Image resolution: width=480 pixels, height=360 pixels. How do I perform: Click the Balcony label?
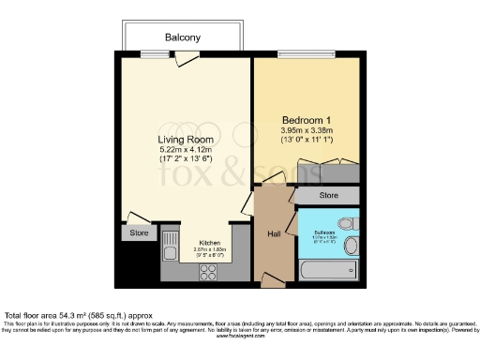coord(181,37)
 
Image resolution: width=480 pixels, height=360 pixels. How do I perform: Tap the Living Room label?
coord(181,139)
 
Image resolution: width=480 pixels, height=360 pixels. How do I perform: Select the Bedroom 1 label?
coord(308,120)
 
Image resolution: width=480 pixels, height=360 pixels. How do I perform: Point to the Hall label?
coord(275,233)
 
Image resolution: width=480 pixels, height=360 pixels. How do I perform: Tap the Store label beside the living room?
coord(139,232)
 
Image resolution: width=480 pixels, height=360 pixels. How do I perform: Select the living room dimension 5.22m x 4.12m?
coord(181,149)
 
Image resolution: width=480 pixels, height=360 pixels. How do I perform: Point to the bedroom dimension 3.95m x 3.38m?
coord(308,130)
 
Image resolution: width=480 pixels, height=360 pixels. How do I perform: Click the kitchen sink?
coord(171,250)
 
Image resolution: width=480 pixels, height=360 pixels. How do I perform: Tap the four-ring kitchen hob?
coord(206,272)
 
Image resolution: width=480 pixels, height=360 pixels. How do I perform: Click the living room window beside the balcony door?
coord(146,52)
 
